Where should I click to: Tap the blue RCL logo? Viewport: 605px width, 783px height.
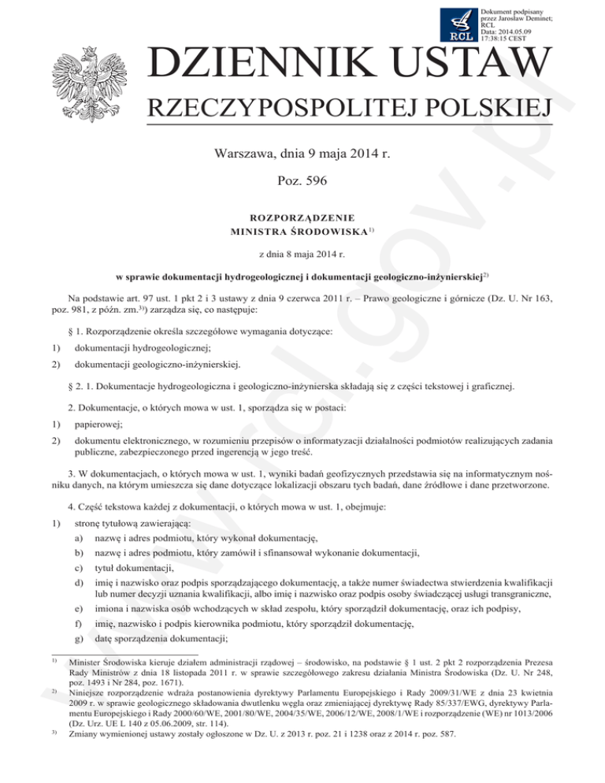click(458, 25)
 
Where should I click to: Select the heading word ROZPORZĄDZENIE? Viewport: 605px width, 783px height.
click(302, 217)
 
